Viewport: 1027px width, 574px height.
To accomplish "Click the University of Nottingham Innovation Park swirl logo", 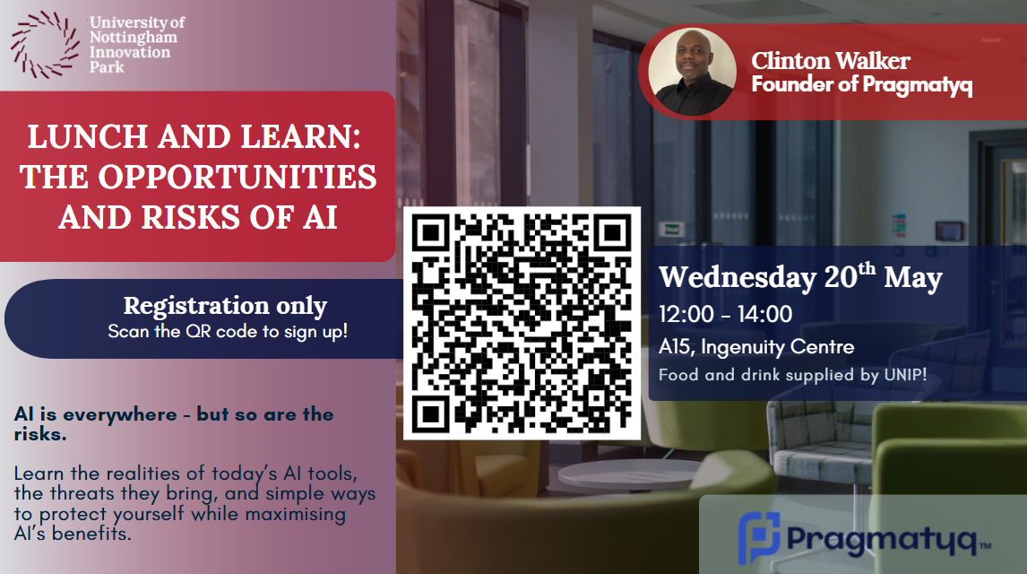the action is pos(45,45).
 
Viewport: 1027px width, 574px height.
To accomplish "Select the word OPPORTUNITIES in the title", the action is pos(237,177).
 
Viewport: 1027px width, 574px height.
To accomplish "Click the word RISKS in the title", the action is pos(191,218).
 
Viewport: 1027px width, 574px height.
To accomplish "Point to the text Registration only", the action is pos(225,306).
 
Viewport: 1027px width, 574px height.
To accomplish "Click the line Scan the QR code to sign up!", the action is pos(228,332).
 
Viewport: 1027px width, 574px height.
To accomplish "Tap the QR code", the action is pos(522,323).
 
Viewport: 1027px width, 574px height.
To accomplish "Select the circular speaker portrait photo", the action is pos(693,72).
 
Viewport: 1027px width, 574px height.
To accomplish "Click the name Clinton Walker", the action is pos(831,61).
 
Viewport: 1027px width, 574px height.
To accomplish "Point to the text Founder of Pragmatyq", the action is pos(861,85).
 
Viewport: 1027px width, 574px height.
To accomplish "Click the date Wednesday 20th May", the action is pos(800,276).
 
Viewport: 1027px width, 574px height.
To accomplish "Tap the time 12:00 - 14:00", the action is pos(725,315).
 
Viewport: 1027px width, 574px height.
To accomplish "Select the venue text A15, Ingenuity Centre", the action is pos(756,346).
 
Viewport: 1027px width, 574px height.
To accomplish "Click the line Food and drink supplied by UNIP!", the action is pos(792,375).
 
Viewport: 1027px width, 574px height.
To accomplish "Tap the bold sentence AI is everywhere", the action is pos(96,414).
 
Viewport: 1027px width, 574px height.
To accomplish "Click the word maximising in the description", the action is pos(296,514).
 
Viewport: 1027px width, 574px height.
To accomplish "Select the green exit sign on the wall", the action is pos(671,230).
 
